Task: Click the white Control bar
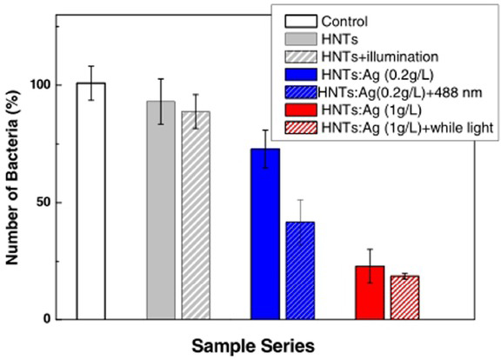pos(90,202)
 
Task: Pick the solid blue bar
pos(265,234)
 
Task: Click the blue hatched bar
pos(300,270)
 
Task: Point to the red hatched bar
pos(404,297)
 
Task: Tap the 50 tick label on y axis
pos(41,203)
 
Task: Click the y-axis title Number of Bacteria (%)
pos(14,174)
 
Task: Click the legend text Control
pos(344,22)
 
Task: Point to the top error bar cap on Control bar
pos(90,66)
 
